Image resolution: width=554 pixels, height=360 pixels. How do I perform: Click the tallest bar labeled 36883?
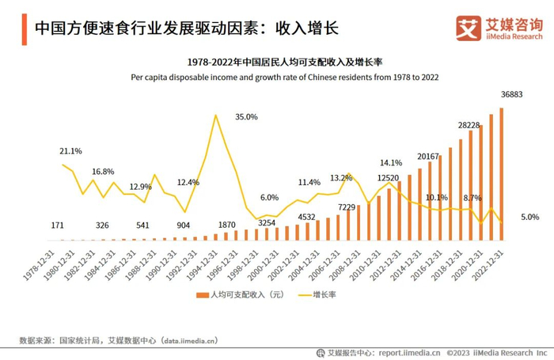[x=501, y=174]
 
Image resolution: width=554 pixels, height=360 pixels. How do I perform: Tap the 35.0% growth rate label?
[x=246, y=117]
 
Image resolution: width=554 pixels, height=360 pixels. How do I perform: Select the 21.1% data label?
[x=70, y=150]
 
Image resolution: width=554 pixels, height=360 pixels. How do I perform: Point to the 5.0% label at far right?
[x=529, y=217]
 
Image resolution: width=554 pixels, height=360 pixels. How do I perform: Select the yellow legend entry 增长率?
[x=316, y=294]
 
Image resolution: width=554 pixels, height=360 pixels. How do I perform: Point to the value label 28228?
[x=469, y=125]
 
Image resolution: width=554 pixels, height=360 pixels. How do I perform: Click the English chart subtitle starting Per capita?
[x=284, y=78]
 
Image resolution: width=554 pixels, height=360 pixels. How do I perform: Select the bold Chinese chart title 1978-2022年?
[x=284, y=63]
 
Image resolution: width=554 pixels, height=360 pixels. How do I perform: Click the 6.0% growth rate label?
[x=269, y=198]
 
